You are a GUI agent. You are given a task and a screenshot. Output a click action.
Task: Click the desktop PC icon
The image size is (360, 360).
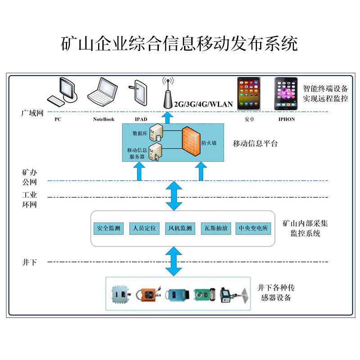pos(62,92)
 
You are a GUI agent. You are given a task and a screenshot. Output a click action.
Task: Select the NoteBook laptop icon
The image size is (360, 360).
pos(103,92)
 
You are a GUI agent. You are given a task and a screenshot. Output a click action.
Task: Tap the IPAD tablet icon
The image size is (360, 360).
pos(138,93)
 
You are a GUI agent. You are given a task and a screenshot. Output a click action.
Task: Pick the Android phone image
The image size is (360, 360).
pos(249,94)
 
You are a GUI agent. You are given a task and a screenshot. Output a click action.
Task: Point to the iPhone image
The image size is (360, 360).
pos(286,94)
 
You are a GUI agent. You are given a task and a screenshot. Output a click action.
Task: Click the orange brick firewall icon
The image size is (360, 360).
pos(191,141)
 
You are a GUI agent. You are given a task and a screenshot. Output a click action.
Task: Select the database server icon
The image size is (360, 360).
pos(156,132)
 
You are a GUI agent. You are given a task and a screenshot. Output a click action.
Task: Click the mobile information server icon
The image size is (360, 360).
pos(155,152)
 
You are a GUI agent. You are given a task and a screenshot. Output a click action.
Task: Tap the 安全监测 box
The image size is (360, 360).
pos(108,228)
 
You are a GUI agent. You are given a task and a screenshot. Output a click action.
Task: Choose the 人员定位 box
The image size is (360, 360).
pos(144,228)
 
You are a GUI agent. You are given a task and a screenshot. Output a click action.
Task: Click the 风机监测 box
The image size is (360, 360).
pos(180,228)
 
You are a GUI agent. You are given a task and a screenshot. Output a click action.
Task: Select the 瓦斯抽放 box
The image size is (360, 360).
pos(216,228)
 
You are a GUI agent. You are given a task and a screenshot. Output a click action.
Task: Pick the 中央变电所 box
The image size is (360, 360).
pos(253,228)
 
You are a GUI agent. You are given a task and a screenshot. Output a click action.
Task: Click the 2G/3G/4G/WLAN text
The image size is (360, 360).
pos(203,104)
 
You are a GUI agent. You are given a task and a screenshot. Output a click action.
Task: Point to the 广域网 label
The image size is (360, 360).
pos(32,113)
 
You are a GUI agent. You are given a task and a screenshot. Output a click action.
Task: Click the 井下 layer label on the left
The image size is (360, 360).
pos(29,262)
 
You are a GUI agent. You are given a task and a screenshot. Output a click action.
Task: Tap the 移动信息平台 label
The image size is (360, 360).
pos(255,144)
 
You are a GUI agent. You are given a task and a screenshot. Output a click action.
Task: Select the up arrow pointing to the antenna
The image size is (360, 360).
pos(167,117)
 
